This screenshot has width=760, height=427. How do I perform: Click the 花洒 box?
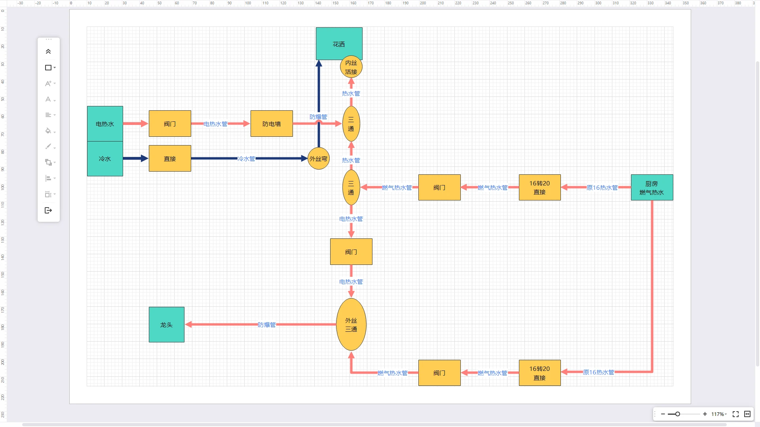coord(339,43)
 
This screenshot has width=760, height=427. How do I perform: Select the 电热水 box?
coord(105,124)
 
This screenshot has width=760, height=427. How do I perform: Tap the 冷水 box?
coord(105,159)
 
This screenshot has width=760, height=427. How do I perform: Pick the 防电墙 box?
coord(272,124)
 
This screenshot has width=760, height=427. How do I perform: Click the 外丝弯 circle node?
coord(319,159)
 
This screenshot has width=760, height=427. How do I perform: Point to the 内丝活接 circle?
coord(351,67)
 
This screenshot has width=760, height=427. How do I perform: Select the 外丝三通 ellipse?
coord(351,325)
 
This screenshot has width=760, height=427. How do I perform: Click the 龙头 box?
coord(167,325)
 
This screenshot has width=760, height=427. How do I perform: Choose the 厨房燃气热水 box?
coord(652,187)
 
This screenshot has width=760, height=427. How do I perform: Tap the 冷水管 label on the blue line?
coord(246,159)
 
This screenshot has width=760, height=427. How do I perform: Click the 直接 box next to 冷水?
coord(170,159)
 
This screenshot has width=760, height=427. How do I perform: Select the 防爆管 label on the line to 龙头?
coord(266,325)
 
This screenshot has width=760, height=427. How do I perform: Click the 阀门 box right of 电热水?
coord(170,124)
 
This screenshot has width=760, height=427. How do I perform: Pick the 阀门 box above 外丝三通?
coord(351,252)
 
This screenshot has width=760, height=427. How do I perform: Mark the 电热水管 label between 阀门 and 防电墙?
coord(215,124)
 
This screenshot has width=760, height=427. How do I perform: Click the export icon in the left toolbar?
coord(48,210)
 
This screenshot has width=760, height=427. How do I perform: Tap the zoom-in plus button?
coord(705,414)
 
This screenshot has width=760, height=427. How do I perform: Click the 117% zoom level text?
coord(718,414)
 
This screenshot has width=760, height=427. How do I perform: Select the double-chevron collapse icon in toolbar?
coord(48,51)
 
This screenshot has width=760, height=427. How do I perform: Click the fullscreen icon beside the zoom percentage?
coord(735,414)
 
